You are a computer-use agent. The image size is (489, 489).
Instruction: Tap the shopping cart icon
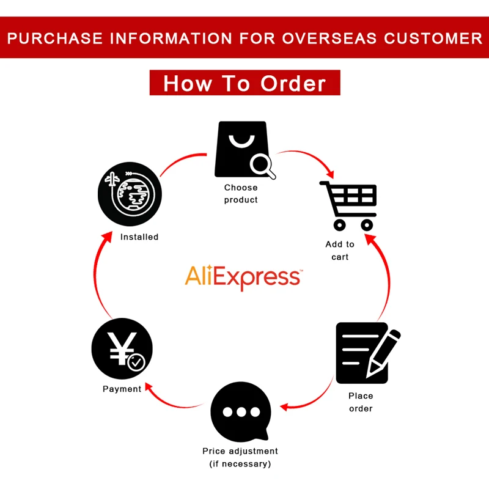[x=349, y=205]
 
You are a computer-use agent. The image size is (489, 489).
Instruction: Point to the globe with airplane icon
[x=130, y=193]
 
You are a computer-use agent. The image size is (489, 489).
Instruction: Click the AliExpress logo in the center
[x=243, y=277]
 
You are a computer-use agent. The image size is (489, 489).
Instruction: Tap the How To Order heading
[x=244, y=83]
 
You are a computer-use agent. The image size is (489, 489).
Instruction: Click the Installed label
[x=139, y=237]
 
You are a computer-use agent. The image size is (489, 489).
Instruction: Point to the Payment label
[x=122, y=389]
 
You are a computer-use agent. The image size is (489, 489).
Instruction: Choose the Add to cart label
[x=340, y=251]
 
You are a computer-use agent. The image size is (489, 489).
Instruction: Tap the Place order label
[x=361, y=402]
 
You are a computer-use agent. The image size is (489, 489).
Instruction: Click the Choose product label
[x=241, y=194]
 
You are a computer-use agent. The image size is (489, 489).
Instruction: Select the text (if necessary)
[x=240, y=464]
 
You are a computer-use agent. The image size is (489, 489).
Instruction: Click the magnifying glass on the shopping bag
[x=262, y=164]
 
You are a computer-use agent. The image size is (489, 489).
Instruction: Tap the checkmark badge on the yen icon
[x=136, y=363]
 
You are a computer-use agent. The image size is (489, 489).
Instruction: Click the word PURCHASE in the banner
[x=55, y=38]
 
